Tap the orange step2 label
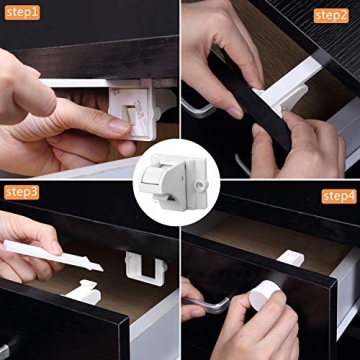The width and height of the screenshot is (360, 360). coord(331,14)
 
